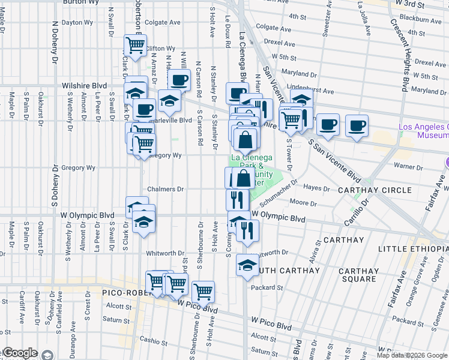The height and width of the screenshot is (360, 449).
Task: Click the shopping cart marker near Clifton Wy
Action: click(x=135, y=46)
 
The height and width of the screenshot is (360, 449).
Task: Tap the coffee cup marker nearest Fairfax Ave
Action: click(x=357, y=125)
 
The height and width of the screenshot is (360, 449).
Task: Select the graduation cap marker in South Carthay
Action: click(x=247, y=265)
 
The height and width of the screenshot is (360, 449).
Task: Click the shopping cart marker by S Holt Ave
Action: click(x=203, y=292)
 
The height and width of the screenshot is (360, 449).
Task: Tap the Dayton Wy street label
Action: click(x=78, y=23)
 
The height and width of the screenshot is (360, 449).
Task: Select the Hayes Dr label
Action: click(x=318, y=188)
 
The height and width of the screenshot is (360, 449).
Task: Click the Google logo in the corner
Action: click(x=20, y=353)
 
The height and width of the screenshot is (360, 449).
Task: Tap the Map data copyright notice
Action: click(x=411, y=355)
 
